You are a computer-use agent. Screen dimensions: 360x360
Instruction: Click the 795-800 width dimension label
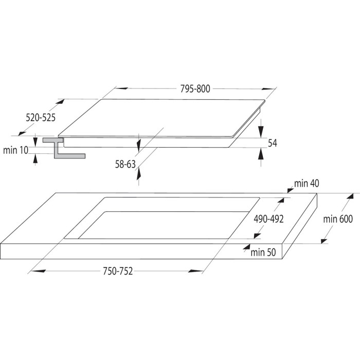(x=195, y=89)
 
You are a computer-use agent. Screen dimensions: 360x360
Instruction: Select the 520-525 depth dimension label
(x=41, y=118)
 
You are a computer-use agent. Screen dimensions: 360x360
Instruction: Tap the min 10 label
(x=15, y=150)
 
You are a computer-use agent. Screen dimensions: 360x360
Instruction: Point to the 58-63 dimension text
(x=125, y=165)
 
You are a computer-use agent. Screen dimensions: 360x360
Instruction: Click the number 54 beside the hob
(x=273, y=143)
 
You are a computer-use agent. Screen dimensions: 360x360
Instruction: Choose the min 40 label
(x=307, y=184)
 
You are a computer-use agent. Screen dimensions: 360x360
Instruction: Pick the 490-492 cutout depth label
(x=268, y=219)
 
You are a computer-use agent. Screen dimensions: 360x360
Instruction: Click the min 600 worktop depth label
(x=338, y=219)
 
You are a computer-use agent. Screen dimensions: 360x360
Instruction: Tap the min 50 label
(x=263, y=253)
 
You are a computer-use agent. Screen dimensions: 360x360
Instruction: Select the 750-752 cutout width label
(x=118, y=271)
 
